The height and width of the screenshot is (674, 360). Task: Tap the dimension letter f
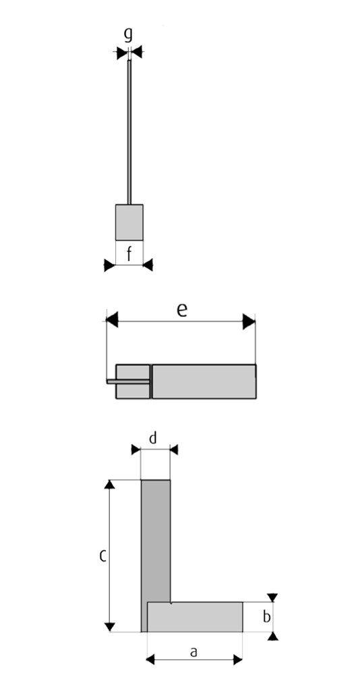[x=129, y=255]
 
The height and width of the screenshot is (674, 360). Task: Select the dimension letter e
[x=182, y=310]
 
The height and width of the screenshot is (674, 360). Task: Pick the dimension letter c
[x=102, y=556]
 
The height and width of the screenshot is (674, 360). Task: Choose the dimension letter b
[x=267, y=617]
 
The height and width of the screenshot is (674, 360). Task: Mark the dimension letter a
[x=193, y=652]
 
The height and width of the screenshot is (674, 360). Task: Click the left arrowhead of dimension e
[x=112, y=320]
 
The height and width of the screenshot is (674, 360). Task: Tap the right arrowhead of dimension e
[x=249, y=321]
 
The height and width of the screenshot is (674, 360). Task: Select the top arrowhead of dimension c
[x=110, y=485]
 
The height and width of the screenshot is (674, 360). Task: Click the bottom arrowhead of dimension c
[x=110, y=627]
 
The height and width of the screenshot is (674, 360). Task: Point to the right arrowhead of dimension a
[x=238, y=660]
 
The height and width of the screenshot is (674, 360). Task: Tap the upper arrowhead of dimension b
[x=272, y=597]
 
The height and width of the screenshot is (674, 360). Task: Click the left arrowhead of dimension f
[x=110, y=265]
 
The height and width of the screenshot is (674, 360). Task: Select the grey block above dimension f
[x=129, y=222]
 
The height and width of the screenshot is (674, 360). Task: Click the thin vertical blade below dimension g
[x=129, y=132]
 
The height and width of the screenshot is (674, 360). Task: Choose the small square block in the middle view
[x=133, y=381]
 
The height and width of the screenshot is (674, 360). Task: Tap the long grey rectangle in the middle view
[x=204, y=381]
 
